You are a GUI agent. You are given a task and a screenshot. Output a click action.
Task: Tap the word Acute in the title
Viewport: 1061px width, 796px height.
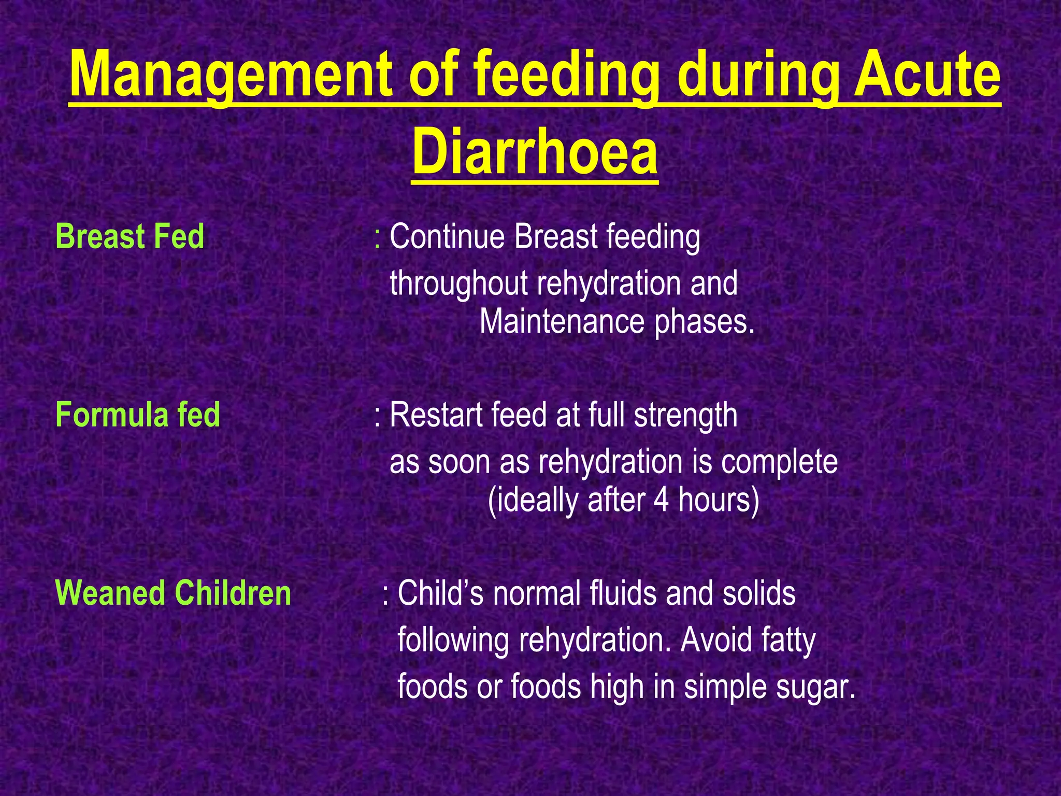(927, 75)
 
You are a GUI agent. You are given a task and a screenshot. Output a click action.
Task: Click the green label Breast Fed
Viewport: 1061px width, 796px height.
(130, 237)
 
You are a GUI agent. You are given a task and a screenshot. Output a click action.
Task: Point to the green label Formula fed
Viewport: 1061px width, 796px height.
(137, 415)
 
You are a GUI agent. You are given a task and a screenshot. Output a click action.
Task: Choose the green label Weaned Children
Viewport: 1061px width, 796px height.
(173, 593)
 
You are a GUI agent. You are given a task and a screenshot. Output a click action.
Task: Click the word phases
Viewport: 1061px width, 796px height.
(705, 322)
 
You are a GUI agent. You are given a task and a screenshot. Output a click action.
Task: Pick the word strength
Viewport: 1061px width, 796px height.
(685, 415)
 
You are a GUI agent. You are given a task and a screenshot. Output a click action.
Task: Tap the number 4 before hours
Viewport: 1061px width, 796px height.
(661, 500)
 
